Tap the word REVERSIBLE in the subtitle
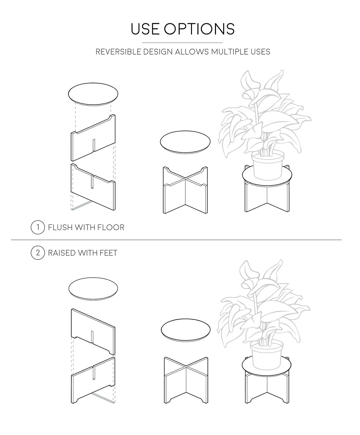coord(119,52)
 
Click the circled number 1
coord(38,227)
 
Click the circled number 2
coord(38,253)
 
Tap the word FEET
coord(108,253)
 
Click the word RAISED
coord(62,253)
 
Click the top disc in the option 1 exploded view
coord(93,94)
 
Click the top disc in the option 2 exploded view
coord(93,289)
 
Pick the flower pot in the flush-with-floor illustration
coord(268,166)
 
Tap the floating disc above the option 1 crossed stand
coord(185,142)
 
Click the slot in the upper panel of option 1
coord(94,145)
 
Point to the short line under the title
coord(183,43)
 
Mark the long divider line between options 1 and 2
coord(177,240)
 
